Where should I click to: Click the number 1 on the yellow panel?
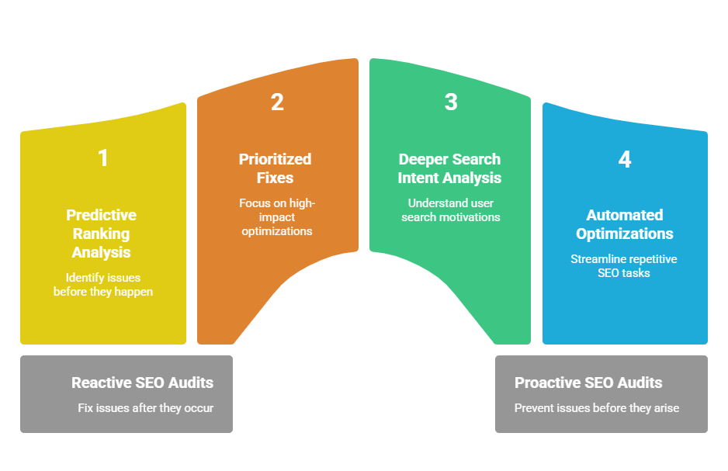click(x=102, y=158)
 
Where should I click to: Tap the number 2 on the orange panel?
click(x=277, y=102)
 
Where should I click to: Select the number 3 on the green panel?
click(x=451, y=102)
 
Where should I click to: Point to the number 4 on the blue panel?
click(x=625, y=159)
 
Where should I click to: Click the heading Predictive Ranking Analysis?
click(x=102, y=234)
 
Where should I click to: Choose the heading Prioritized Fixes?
click(x=275, y=168)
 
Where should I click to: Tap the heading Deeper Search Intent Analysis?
click(x=450, y=168)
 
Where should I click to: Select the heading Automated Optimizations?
click(x=625, y=224)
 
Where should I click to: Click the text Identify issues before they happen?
click(x=102, y=284)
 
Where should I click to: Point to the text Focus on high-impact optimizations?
click(x=276, y=217)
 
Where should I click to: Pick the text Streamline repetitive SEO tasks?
click(x=624, y=265)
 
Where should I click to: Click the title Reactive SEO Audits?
click(x=142, y=383)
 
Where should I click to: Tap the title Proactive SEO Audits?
click(x=588, y=383)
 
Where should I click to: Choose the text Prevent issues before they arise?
click(x=597, y=407)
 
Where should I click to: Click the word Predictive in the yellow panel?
click(x=102, y=215)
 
